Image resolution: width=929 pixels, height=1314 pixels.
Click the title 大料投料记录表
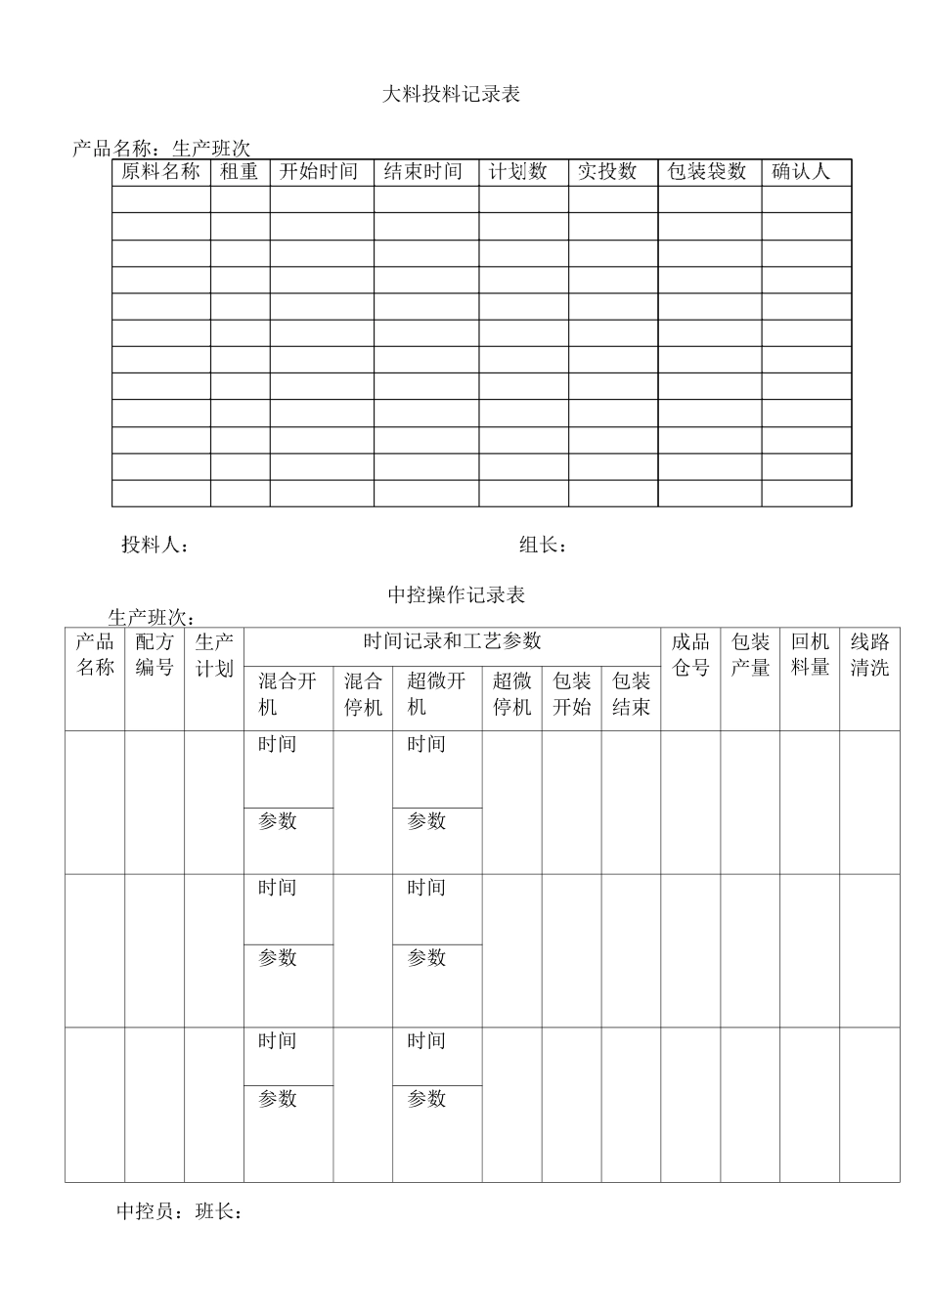(x=451, y=95)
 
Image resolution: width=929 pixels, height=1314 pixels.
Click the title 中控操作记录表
(x=457, y=594)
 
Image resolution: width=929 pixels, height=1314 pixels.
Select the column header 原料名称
(x=160, y=172)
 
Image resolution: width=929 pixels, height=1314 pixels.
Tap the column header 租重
(x=240, y=172)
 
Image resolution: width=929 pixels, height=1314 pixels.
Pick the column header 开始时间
(x=319, y=172)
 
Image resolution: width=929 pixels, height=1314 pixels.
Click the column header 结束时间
(x=423, y=172)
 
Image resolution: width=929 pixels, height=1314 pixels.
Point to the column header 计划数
(x=518, y=172)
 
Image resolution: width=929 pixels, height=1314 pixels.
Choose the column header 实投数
(x=607, y=172)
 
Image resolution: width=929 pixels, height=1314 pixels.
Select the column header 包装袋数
(x=707, y=172)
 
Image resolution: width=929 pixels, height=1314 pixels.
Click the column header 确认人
(x=801, y=172)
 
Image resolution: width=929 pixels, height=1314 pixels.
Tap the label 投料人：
(x=155, y=546)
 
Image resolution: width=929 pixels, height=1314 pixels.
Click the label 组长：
(x=543, y=546)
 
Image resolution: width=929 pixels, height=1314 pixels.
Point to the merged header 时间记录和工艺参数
(x=452, y=641)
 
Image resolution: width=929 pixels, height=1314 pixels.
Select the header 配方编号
(x=155, y=655)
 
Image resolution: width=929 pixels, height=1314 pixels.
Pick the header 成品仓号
(x=690, y=655)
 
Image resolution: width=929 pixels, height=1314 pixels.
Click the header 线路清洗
(x=869, y=655)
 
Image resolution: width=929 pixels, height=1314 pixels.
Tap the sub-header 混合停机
(x=363, y=694)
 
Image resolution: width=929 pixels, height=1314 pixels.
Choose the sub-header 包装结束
(x=631, y=694)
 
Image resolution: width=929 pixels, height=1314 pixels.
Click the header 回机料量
(x=810, y=655)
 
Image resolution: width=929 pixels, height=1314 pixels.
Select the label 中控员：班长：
(x=179, y=1212)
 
